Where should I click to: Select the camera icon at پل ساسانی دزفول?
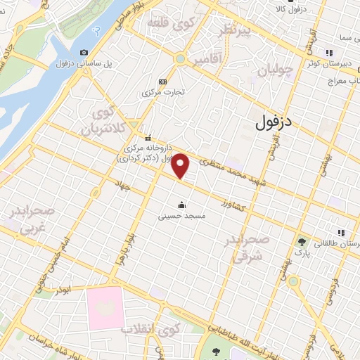(84, 52)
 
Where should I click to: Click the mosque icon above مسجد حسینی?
(181, 205)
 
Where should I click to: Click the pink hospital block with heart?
(105, 309)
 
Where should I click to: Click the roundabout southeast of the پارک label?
(292, 281)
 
